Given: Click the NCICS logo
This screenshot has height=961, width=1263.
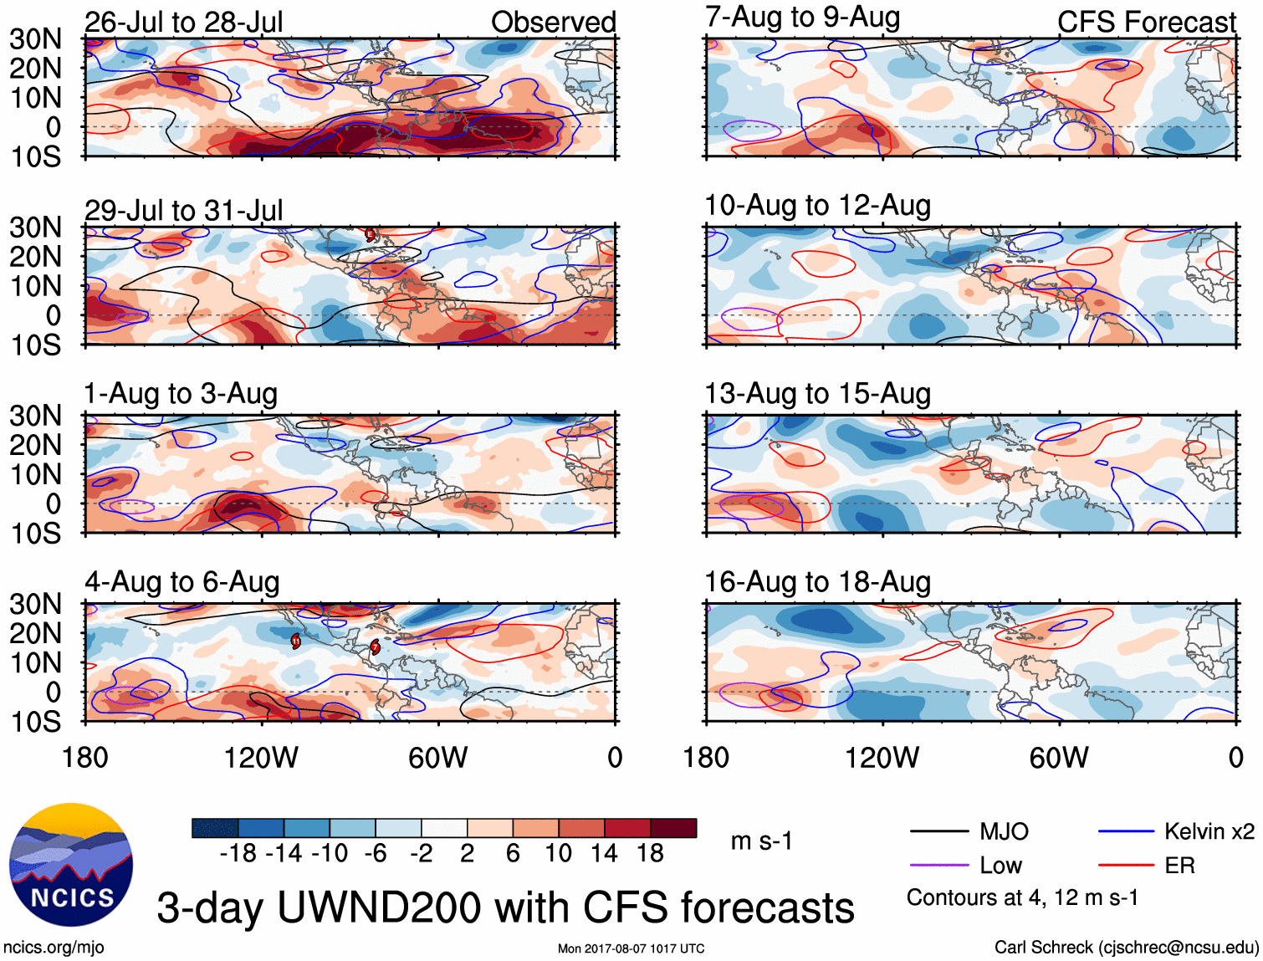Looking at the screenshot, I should [x=70, y=865].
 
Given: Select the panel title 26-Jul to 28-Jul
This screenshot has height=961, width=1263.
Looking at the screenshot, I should [x=183, y=23].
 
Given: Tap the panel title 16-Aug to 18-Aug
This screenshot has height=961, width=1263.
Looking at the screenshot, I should [x=817, y=582].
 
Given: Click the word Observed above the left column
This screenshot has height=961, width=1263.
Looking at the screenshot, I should [x=553, y=23].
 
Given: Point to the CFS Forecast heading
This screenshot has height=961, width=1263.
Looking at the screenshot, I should [x=1146, y=23].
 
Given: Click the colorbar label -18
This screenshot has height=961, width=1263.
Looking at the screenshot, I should [x=238, y=853].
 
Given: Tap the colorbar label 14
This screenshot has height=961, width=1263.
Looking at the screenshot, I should [x=604, y=853].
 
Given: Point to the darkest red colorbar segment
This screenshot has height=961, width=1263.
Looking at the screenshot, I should [x=673, y=828].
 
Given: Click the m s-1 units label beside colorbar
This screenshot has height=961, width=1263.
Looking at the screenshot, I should [x=761, y=841].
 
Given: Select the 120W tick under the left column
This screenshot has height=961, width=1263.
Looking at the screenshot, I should [x=261, y=758].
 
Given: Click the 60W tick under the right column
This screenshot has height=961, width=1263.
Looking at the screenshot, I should [x=1059, y=758].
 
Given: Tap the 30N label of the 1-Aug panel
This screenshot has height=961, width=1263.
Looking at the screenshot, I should [x=35, y=416].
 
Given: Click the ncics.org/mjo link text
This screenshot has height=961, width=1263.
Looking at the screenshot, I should [x=54, y=948].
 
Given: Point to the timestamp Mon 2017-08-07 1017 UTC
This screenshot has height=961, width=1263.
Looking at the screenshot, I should [x=631, y=948].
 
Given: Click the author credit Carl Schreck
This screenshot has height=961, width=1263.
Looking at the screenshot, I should [x=1126, y=948].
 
